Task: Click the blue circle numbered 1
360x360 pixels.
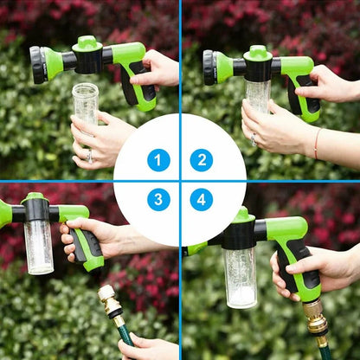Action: pos(158,159)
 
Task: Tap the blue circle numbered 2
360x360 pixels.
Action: pos(201,159)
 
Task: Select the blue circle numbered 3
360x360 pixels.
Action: pos(158,200)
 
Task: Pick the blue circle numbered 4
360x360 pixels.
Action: pos(201,200)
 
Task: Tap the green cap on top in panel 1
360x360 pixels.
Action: pos(87,42)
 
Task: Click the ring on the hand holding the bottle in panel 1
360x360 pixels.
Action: pos(89,156)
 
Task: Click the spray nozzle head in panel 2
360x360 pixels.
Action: pos(210,67)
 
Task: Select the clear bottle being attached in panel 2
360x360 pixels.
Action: pos(258,95)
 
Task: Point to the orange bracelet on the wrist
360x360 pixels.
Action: pos(317,143)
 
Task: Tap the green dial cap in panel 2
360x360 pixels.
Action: pos(258,53)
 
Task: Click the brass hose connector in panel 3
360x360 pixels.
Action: pos(110,303)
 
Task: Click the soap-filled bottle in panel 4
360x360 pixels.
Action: pos(240,277)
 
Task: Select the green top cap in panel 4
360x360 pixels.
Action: pos(241,215)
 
